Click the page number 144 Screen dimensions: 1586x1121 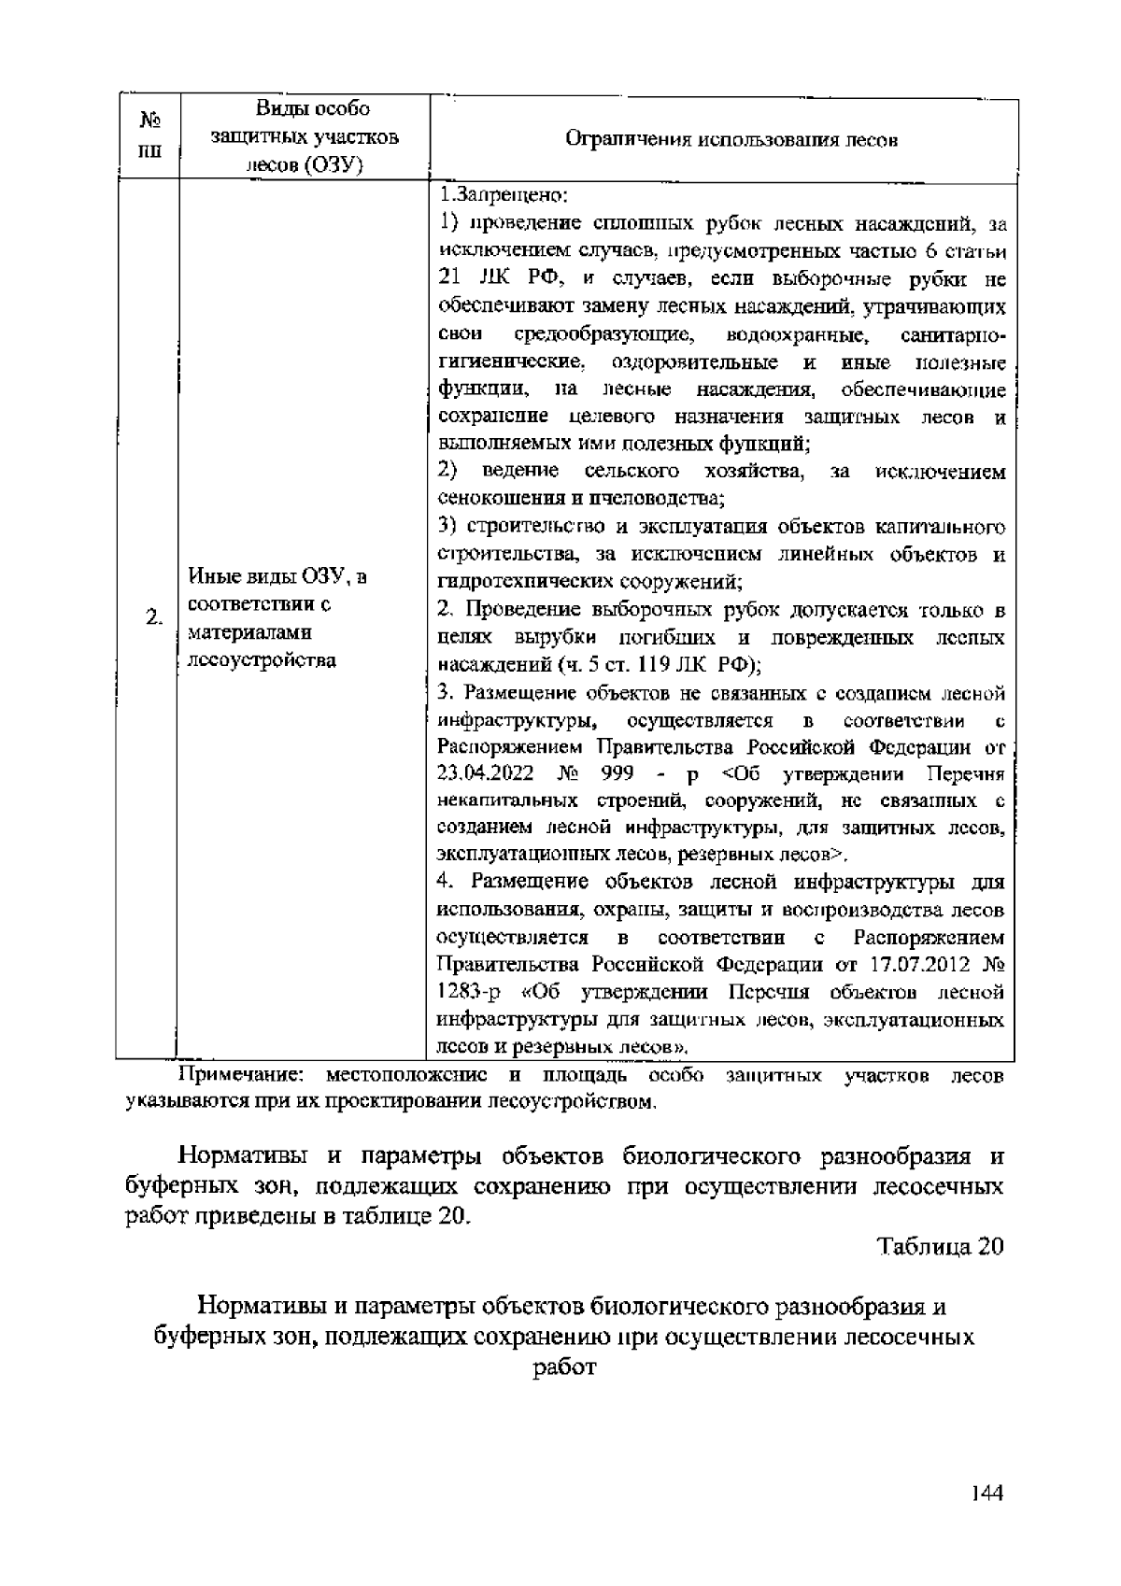[x=986, y=1494]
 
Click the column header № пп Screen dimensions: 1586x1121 [x=147, y=136]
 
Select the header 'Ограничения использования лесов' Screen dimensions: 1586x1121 [x=731, y=141]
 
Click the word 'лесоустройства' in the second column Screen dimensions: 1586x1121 [x=262, y=661]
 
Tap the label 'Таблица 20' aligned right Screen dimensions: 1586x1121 [x=941, y=1247]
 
